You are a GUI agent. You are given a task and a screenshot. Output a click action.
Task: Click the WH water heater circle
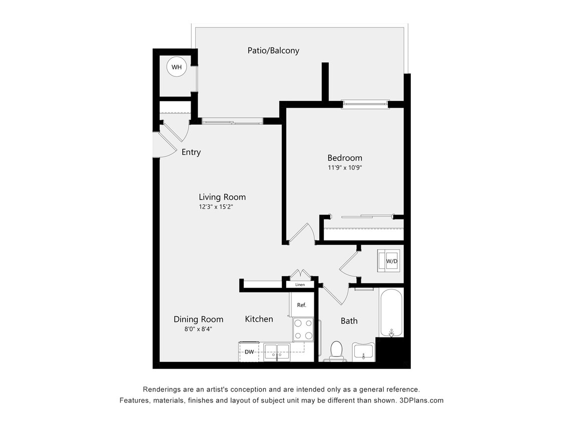(176, 67)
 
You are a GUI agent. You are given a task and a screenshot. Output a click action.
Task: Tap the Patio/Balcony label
(273, 50)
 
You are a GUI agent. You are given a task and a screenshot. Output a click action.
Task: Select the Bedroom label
(344, 158)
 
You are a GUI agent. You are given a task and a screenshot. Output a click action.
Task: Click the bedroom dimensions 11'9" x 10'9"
(344, 168)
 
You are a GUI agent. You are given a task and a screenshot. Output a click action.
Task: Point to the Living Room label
(222, 197)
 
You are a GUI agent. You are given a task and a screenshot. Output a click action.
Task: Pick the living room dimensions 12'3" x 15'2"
(222, 206)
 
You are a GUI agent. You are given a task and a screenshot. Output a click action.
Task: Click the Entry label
(191, 152)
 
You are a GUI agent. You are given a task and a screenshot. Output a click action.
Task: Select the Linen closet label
(300, 284)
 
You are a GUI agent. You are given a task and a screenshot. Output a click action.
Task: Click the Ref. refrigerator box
(301, 304)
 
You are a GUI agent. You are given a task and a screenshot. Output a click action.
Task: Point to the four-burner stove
(303, 329)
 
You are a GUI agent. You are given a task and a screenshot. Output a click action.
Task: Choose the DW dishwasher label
(249, 352)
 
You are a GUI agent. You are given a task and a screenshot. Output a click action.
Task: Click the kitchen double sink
(276, 351)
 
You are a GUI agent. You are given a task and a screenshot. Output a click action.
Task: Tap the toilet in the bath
(336, 350)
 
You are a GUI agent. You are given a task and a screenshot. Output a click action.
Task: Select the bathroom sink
(363, 351)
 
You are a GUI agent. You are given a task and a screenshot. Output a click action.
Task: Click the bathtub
(391, 313)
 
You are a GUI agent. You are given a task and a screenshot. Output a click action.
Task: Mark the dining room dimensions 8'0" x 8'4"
(198, 329)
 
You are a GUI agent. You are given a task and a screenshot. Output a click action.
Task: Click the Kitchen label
(259, 319)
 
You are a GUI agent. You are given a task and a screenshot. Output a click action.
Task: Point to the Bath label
(349, 321)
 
